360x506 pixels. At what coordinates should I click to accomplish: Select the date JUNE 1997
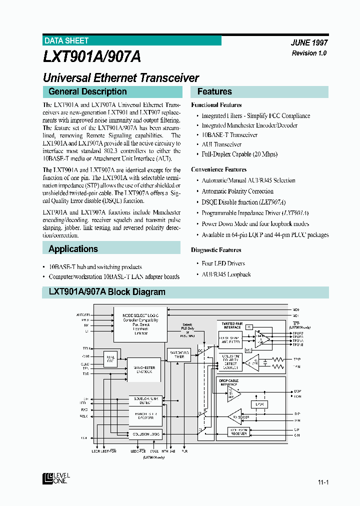click(309, 43)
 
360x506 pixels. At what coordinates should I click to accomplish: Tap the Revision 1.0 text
click(309, 53)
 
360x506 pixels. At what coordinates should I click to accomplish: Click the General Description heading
click(87, 91)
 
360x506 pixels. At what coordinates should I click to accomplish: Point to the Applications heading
click(73, 248)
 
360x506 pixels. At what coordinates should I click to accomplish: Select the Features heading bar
click(259, 91)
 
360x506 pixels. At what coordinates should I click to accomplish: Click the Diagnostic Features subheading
click(216, 250)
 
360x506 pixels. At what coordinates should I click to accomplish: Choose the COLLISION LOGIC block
click(145, 434)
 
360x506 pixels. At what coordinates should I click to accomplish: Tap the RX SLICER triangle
click(240, 416)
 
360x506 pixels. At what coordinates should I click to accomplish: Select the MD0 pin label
click(295, 310)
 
